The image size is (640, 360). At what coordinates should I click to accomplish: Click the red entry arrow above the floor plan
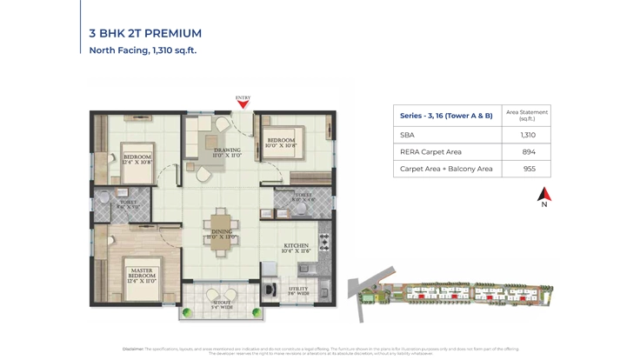243,105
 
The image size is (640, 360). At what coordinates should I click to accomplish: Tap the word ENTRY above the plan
243,98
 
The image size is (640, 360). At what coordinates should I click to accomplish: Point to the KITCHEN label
296,248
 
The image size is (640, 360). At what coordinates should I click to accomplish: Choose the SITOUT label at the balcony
223,304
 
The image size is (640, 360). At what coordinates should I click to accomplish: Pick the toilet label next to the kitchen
303,197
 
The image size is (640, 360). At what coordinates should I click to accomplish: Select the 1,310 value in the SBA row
527,135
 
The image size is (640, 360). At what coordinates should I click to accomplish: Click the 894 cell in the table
528,152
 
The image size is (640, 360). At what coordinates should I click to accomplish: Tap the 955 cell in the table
528,169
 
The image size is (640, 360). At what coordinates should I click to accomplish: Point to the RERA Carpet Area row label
430,152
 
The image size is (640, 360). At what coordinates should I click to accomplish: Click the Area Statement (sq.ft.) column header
527,115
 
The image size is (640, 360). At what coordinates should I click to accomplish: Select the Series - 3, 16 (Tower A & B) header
446,116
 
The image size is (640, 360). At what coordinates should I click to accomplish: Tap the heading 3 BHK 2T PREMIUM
145,33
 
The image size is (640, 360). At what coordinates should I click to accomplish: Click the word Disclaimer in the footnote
133,349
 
